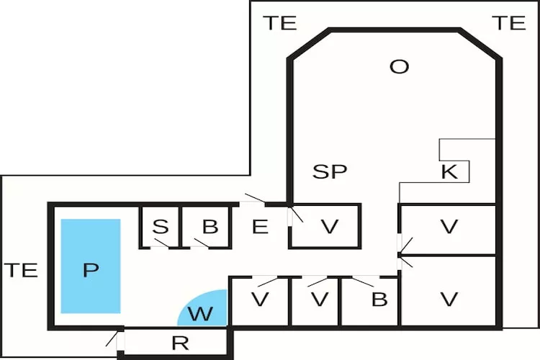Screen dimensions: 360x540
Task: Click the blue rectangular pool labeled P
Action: pyautogui.click(x=90, y=266)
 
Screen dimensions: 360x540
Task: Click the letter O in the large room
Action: pyautogui.click(x=399, y=67)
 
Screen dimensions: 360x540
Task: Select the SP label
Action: pyautogui.click(x=330, y=171)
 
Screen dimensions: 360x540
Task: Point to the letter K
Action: pyautogui.click(x=449, y=172)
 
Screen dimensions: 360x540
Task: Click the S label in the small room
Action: pyautogui.click(x=161, y=227)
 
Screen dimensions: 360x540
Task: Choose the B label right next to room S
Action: pyautogui.click(x=210, y=227)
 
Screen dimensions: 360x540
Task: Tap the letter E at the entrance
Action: pyautogui.click(x=260, y=227)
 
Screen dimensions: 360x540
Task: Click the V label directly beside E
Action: pyautogui.click(x=329, y=228)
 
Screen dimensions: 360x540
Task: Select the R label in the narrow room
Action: pyautogui.click(x=180, y=343)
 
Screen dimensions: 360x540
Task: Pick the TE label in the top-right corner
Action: pyautogui.click(x=509, y=23)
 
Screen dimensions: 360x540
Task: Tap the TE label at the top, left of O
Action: pyautogui.click(x=279, y=23)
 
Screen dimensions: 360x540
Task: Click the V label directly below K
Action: pyautogui.click(x=449, y=228)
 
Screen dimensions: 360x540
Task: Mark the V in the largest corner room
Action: pyautogui.click(x=449, y=300)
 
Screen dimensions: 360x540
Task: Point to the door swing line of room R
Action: pyautogui.click(x=112, y=338)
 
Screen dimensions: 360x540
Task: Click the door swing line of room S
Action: pyautogui.click(x=160, y=243)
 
